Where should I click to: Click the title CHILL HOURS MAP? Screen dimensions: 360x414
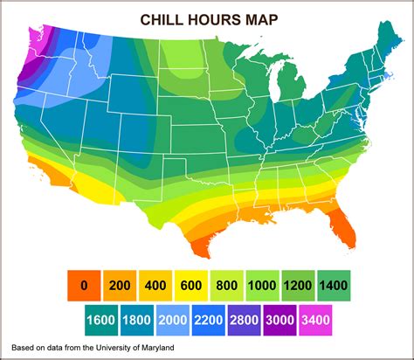tap(207, 19)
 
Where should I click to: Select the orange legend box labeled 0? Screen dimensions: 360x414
tap(84, 284)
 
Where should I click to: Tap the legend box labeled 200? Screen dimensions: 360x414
tap(120, 284)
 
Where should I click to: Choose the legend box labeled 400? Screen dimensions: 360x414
tap(155, 284)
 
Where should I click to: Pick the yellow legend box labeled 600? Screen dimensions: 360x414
tap(191, 284)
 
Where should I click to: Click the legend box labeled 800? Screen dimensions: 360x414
tap(227, 284)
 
